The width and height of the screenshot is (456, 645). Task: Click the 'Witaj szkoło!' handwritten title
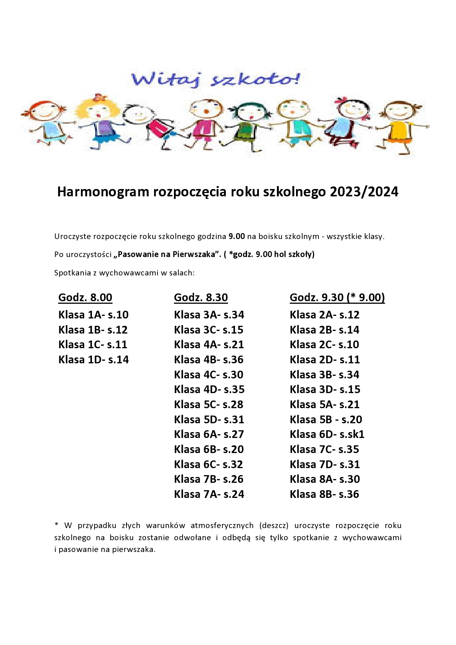(215, 79)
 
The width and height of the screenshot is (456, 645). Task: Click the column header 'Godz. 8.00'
(85, 297)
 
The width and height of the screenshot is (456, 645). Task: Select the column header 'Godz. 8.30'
(201, 297)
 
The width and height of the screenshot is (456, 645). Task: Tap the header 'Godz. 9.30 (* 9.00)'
(337, 297)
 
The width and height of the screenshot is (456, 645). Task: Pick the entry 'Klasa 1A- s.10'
(93, 315)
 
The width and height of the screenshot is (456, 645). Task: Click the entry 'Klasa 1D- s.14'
(93, 360)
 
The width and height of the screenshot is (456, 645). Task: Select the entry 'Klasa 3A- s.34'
(209, 315)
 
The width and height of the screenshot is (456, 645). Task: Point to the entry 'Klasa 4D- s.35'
(209, 389)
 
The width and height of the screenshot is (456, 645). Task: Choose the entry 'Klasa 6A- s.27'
(209, 434)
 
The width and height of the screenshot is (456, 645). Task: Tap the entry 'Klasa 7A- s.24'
(209, 494)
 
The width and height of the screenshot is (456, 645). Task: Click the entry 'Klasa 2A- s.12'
(325, 315)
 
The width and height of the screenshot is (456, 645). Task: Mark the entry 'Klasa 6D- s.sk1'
(327, 434)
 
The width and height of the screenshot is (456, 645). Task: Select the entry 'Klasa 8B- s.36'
(324, 494)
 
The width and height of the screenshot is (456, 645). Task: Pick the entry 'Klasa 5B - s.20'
(326, 420)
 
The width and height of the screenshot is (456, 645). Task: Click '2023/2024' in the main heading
(364, 192)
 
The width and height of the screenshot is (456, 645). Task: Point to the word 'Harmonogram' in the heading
(103, 192)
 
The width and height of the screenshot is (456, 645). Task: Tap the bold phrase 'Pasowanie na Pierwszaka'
(166, 254)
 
